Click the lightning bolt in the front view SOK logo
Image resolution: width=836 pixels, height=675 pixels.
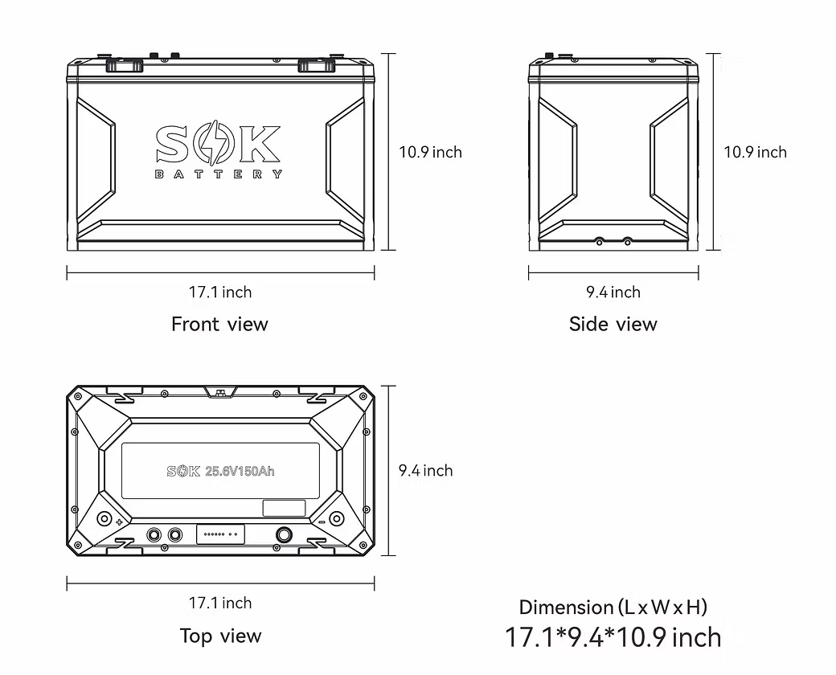(x=218, y=145)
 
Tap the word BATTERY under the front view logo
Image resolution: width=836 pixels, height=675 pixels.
(x=218, y=174)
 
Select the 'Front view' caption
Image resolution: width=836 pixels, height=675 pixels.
(x=219, y=324)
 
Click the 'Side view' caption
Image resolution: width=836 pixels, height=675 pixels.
(x=613, y=324)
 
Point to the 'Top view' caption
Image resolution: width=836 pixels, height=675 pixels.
(x=220, y=636)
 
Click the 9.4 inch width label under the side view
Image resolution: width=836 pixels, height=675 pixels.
(x=613, y=292)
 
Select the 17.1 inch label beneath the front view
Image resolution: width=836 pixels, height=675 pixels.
(x=219, y=292)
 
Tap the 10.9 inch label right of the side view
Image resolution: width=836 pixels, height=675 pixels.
(x=755, y=152)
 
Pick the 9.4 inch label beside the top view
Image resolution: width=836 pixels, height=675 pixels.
(x=425, y=470)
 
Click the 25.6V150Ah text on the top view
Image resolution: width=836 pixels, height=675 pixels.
(x=240, y=471)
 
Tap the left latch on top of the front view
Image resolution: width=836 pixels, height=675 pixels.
(x=124, y=65)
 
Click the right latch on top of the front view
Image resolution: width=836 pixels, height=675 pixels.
(x=315, y=65)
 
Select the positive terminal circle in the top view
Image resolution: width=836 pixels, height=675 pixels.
(x=104, y=518)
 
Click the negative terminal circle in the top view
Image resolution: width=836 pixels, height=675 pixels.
(x=336, y=518)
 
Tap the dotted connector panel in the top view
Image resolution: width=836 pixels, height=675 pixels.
(x=220, y=534)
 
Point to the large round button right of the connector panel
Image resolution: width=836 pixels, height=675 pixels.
(x=284, y=534)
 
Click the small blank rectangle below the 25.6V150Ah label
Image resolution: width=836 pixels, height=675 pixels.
(x=284, y=508)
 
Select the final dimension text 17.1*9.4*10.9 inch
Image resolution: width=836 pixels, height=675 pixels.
(x=613, y=637)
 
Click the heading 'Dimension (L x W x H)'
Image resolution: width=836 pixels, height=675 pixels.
(x=613, y=607)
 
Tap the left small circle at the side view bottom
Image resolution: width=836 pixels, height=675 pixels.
(x=598, y=240)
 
